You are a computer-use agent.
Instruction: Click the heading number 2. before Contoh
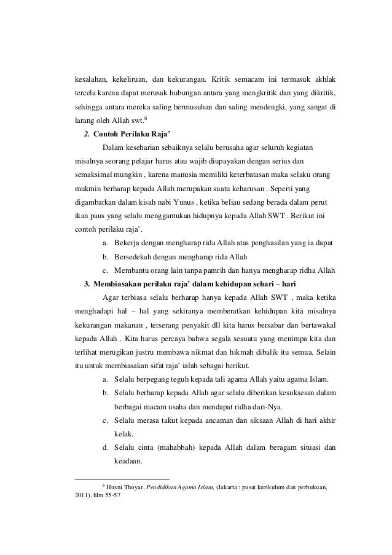87,135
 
